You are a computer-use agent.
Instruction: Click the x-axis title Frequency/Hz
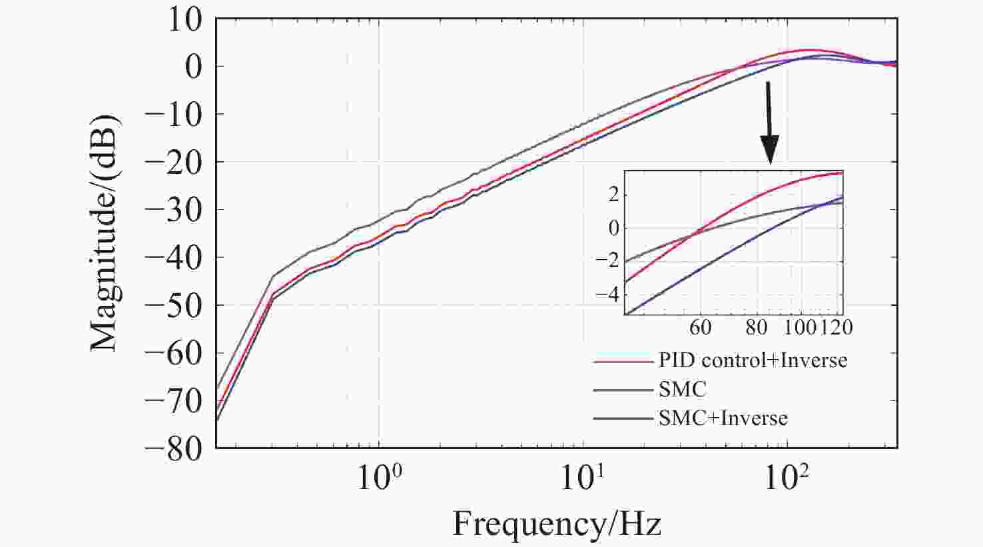tap(557, 524)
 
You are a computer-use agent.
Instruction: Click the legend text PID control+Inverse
tap(753, 360)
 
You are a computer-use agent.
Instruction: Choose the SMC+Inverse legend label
tap(723, 418)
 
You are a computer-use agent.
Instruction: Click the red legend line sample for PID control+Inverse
tap(623, 361)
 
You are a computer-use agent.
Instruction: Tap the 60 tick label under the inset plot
tap(700, 327)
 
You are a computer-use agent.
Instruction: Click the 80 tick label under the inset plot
tap(757, 327)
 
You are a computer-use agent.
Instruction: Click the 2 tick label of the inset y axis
tap(613, 195)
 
